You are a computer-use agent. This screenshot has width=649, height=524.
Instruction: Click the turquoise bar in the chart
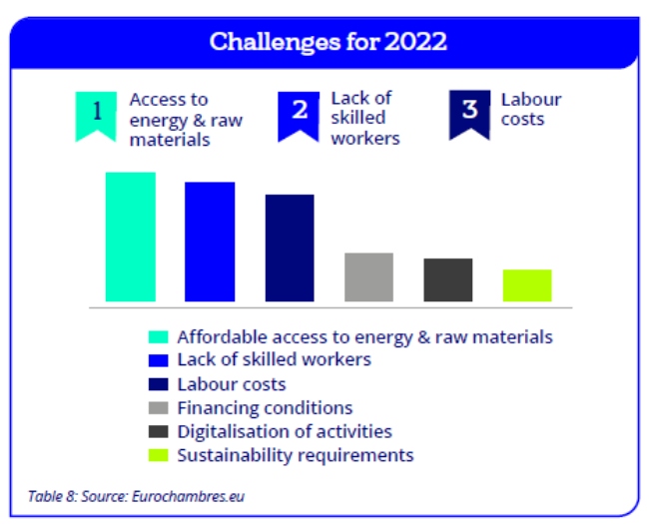(131, 237)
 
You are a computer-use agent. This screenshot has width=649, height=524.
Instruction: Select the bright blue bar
(210, 242)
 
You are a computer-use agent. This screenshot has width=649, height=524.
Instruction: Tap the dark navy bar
(290, 248)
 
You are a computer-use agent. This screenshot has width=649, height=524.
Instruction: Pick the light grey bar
(368, 276)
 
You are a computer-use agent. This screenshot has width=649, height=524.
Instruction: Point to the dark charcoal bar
(448, 279)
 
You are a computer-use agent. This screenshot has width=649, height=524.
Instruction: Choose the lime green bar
(527, 285)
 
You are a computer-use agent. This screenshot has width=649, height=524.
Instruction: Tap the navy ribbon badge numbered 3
(470, 115)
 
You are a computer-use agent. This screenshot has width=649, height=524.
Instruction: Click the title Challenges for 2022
(328, 41)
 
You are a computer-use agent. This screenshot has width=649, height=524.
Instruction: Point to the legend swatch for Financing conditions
(159, 408)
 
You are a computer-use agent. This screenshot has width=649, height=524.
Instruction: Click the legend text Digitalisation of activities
(285, 432)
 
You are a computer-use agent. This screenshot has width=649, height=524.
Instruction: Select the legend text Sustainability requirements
(296, 455)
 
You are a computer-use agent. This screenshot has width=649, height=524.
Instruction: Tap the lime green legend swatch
(159, 455)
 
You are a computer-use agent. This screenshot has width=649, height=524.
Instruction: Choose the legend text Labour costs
(232, 384)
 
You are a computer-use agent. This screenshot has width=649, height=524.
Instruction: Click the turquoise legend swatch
(159, 337)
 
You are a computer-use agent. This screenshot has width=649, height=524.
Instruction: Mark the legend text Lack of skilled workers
(275, 359)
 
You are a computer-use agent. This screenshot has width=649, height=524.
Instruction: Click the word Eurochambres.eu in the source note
(189, 496)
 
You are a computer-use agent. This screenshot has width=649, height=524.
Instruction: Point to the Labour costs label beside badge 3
(531, 109)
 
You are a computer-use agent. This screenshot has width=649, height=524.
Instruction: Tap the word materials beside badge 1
(170, 140)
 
